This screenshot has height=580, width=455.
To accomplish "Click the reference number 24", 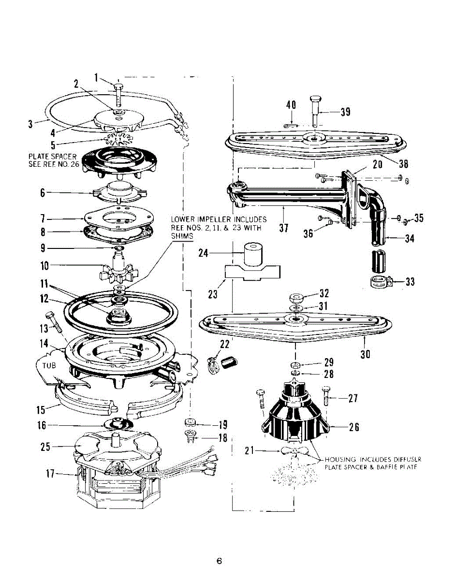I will point(204,252).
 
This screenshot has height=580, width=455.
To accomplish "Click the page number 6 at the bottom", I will point(219,561).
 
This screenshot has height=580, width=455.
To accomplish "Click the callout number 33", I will point(410,281).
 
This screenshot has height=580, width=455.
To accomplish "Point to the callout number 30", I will point(366,354).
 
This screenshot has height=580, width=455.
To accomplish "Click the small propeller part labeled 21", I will point(291,450).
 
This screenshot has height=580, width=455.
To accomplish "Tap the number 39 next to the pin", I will point(345,112).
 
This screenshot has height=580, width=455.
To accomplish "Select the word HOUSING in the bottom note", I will point(341,459).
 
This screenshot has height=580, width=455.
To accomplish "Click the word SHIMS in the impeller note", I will point(181,236).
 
